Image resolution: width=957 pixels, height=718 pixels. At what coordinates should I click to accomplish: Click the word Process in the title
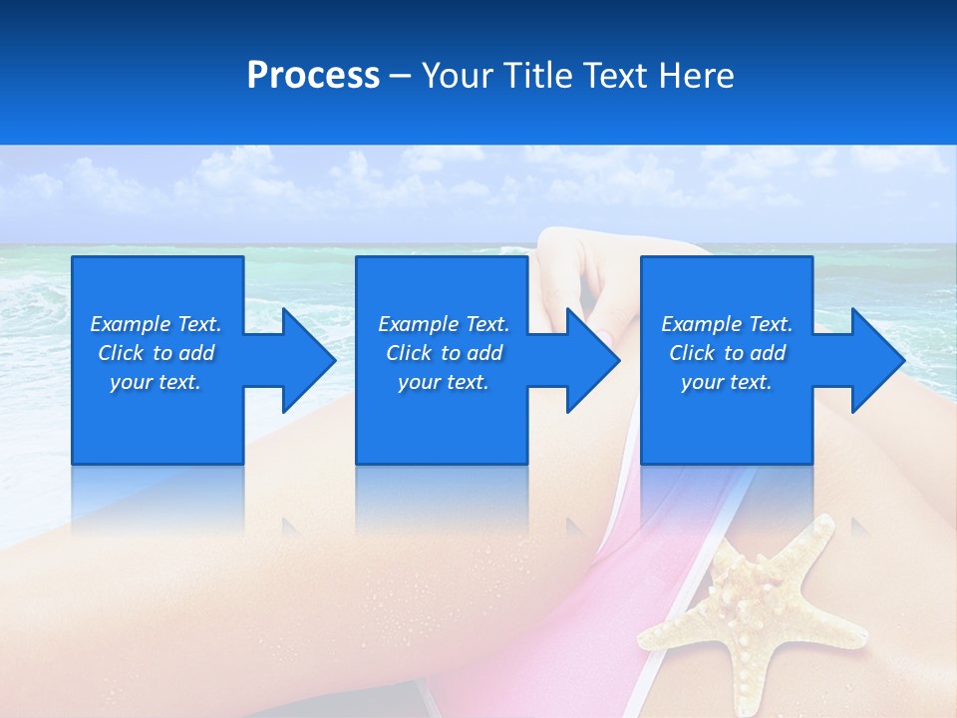click(313, 76)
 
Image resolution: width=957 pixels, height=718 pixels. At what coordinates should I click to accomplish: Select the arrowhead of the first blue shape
click(307, 360)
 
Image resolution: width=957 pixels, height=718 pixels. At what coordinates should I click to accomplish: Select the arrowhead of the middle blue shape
click(591, 360)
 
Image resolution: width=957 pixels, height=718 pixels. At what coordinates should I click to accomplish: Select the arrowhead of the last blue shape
click(875, 360)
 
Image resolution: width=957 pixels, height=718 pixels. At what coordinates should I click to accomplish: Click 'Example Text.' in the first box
click(156, 324)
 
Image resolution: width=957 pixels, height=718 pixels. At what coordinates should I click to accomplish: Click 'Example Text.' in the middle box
click(443, 324)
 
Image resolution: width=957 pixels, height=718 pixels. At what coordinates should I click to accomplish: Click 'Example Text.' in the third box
click(727, 324)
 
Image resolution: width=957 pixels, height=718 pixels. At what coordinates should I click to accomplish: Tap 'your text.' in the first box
click(156, 382)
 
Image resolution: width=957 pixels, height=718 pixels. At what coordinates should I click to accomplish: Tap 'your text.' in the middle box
click(443, 382)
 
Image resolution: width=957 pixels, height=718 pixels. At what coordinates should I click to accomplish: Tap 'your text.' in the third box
click(727, 382)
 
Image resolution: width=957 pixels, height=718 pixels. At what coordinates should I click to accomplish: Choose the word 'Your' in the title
click(456, 76)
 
